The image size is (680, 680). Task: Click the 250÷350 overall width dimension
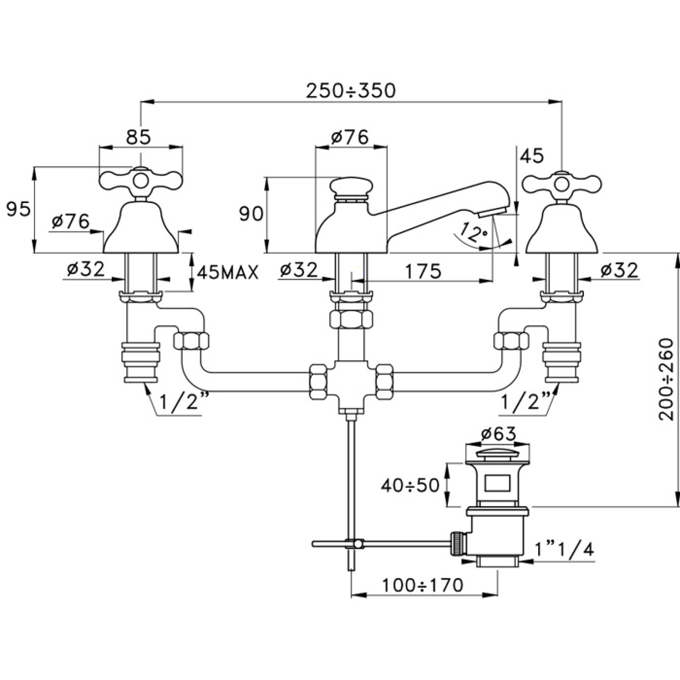pyautogui.click(x=350, y=90)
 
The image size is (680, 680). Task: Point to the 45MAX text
pyautogui.click(x=227, y=273)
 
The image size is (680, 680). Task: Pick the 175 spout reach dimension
pyautogui.click(x=423, y=271)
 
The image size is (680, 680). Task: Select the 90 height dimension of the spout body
pyautogui.click(x=251, y=214)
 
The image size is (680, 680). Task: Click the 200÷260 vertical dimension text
pyautogui.click(x=666, y=379)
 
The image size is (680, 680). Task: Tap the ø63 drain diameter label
pyautogui.click(x=499, y=434)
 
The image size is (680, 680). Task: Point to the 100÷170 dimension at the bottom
pyautogui.click(x=422, y=585)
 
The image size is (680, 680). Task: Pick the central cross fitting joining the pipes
pyautogui.click(x=351, y=382)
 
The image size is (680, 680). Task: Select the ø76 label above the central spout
pyautogui.click(x=350, y=137)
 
